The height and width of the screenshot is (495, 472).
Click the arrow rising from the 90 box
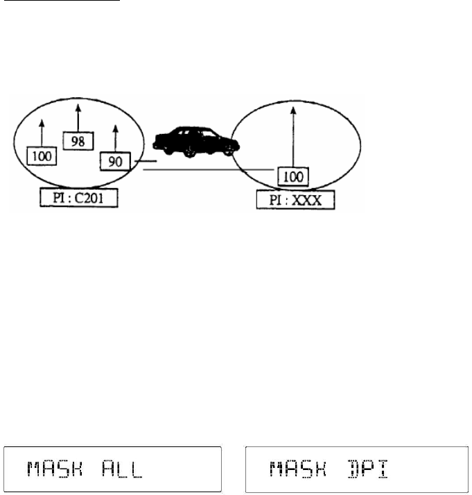pos(114,138)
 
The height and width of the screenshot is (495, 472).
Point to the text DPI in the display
pos(362,471)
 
